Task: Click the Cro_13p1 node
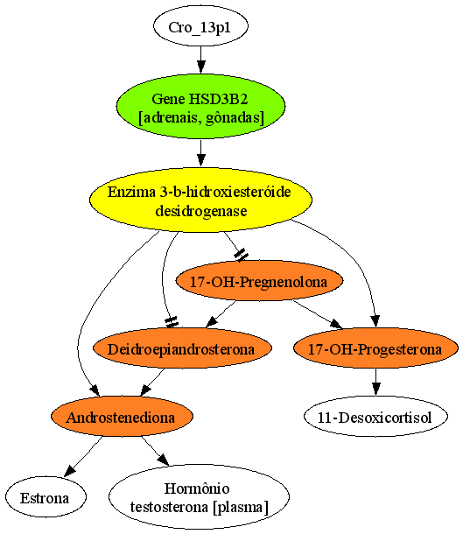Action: [200, 26]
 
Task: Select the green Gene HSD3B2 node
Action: [200, 106]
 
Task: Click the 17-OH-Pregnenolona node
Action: [259, 281]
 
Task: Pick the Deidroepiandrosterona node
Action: [182, 348]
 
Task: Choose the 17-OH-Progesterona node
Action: [375, 348]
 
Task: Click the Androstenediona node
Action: [122, 416]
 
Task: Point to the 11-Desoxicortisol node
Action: [375, 416]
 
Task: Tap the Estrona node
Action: [46, 496]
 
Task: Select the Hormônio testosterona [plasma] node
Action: [199, 496]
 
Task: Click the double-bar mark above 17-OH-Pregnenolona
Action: [241, 255]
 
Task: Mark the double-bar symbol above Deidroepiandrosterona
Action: [172, 321]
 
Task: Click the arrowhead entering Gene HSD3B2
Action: [200, 67]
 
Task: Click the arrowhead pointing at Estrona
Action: [70, 470]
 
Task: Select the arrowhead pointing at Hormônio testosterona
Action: [163, 460]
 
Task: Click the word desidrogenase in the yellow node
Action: [200, 210]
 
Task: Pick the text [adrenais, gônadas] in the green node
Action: [200, 118]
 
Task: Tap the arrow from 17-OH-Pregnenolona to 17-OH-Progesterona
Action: [318, 314]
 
